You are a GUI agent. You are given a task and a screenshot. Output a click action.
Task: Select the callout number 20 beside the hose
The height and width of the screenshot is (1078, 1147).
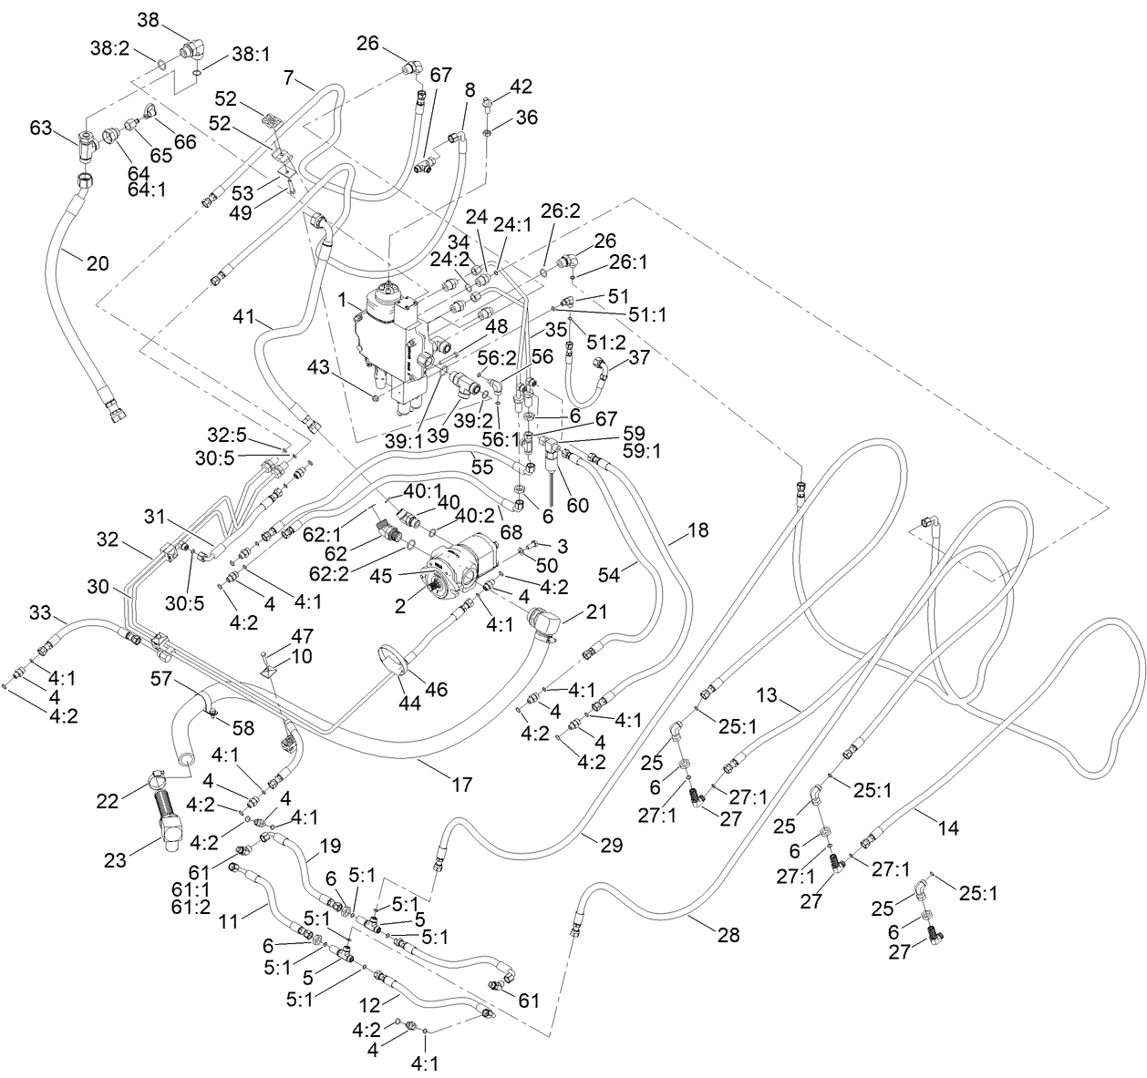(x=98, y=263)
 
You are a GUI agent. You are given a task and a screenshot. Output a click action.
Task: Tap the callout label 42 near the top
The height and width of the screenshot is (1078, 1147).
(x=521, y=87)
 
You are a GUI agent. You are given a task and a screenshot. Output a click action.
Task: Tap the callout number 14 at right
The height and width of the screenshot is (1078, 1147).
(x=948, y=828)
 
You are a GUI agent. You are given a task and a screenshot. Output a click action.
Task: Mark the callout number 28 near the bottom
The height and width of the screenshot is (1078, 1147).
(x=728, y=935)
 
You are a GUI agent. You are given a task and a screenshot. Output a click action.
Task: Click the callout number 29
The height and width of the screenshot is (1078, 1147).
(x=612, y=845)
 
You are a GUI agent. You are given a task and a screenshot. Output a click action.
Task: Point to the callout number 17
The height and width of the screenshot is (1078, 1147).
(x=462, y=784)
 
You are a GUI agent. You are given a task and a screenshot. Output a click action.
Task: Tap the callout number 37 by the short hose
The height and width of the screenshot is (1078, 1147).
(x=639, y=356)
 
